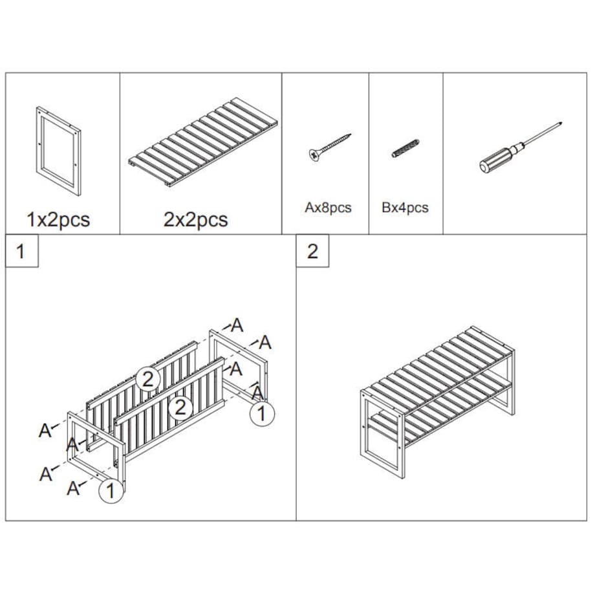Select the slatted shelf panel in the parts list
[x=203, y=142]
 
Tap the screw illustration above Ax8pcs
[x=329, y=147]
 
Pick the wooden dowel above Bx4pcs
[x=406, y=148]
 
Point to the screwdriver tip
[x=561, y=124]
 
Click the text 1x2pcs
[x=58, y=219]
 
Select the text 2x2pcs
[x=195, y=219]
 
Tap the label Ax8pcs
[x=329, y=208]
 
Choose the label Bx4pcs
[x=405, y=208]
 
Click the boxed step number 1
[x=21, y=251]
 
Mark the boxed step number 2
[x=312, y=251]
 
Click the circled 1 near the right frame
[x=262, y=413]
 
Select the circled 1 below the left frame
[x=111, y=491]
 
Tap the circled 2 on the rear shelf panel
[x=147, y=378]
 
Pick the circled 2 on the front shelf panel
[x=180, y=407]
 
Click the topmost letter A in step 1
[x=237, y=325]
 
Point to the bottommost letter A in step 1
[x=73, y=488]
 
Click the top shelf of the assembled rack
[x=437, y=369]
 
